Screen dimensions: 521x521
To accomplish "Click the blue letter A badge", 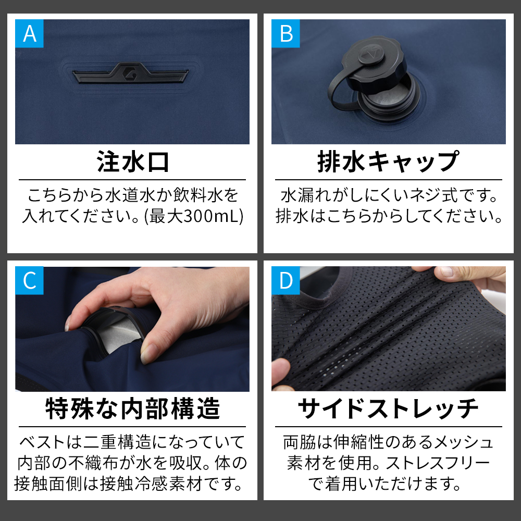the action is click(29, 33).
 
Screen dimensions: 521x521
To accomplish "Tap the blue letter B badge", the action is click(286, 33).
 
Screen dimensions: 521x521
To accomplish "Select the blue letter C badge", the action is click(29, 280).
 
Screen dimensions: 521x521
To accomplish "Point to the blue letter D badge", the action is click(286, 280).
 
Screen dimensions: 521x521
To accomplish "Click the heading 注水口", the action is click(132, 162).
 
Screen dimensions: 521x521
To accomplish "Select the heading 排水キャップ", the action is click(389, 162).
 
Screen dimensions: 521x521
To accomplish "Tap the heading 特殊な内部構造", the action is click(132, 408).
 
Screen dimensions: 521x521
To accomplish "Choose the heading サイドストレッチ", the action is click(389, 408).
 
